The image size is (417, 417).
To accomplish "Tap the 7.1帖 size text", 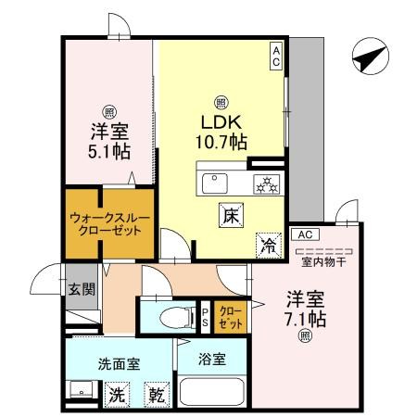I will [x=304, y=319].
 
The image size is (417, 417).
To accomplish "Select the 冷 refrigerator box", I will [x=267, y=246].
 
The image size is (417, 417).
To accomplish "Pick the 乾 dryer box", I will [x=158, y=394].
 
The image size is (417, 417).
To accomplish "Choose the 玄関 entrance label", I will [x=82, y=288].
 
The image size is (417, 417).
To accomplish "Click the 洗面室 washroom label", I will [x=119, y=363].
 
